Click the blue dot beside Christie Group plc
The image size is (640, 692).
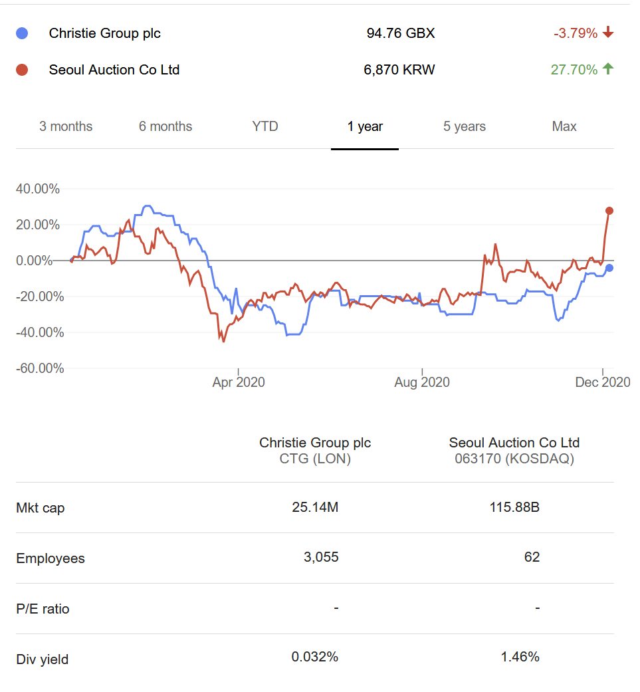coord(22,33)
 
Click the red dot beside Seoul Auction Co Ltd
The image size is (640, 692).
coord(22,69)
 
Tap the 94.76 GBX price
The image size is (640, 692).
coord(400,33)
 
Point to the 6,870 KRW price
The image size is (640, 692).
coord(399,69)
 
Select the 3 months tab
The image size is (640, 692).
coord(66,126)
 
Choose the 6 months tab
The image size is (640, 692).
coord(165,126)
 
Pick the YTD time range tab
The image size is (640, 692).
coord(265,126)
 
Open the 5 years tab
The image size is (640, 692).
coord(465,126)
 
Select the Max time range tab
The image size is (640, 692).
coord(564,126)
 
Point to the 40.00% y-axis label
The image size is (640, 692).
coord(38,189)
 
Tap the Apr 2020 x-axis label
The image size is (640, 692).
coord(239,382)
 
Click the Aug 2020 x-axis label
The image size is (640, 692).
coord(422,382)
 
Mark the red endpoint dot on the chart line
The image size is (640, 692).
coord(609,211)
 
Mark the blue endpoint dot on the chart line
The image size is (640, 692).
coord(609,268)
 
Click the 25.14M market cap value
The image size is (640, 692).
coord(315,508)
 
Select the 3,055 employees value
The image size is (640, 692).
coord(321,557)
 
